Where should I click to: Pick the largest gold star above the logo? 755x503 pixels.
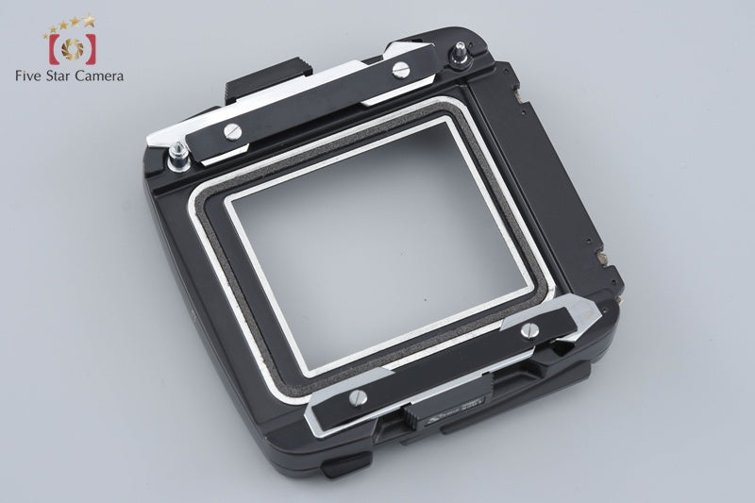click(x=90, y=19)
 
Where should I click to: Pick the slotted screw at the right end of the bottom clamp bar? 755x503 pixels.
click(x=528, y=329)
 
